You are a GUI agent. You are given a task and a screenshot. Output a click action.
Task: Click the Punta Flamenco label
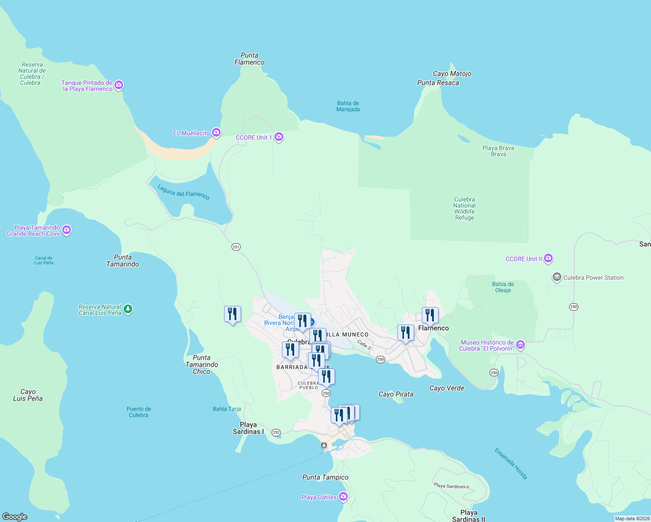tap(249, 59)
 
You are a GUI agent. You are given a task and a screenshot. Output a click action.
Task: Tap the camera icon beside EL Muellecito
tap(216, 133)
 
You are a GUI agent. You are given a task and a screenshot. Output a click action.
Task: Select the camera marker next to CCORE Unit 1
tap(279, 137)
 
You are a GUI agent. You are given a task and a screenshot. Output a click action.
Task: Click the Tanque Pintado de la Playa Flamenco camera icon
tap(119, 85)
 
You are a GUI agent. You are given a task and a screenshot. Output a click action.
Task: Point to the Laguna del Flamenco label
tap(184, 192)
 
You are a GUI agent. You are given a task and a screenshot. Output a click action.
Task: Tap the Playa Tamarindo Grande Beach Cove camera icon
tap(67, 230)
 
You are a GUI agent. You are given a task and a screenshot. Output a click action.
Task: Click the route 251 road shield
tap(236, 247)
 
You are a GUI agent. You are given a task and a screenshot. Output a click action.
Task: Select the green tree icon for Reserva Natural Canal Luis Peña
tap(128, 309)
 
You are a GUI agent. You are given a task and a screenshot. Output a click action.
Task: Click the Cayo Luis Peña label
tap(28, 395)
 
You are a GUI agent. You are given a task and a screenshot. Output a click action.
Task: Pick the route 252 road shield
tap(276, 432)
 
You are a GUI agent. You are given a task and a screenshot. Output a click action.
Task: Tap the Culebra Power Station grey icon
tap(557, 277)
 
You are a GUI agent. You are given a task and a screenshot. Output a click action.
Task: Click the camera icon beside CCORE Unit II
tap(548, 258)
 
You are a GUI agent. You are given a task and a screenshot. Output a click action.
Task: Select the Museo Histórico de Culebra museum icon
tap(520, 345)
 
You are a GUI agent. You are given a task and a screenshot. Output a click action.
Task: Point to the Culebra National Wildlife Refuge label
tap(464, 208)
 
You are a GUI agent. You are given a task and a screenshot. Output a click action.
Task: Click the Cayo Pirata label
tap(396, 394)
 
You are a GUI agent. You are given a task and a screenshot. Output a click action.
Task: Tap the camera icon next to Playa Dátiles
tap(343, 497)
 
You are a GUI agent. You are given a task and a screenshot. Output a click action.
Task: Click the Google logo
tap(15, 516)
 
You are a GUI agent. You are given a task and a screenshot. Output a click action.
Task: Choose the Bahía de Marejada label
tap(348, 106)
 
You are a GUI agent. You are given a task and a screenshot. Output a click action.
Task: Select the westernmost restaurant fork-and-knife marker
tap(232, 314)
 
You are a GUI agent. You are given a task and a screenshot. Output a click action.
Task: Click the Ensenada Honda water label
tap(511, 464)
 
